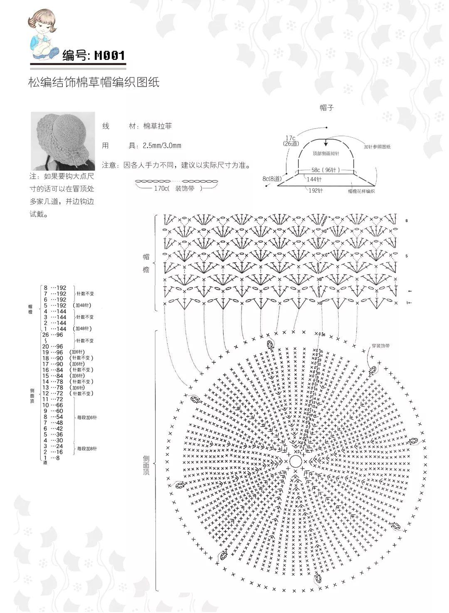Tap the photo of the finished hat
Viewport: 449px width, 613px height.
tap(63, 141)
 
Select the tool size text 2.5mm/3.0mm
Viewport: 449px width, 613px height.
tap(162, 146)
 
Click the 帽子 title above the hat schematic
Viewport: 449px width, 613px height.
tap(326, 108)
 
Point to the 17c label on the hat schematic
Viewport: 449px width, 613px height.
tap(290, 138)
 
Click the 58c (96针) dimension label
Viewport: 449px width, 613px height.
tap(326, 170)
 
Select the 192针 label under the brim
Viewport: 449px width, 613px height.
tap(315, 191)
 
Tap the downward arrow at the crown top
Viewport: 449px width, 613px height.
tap(326, 142)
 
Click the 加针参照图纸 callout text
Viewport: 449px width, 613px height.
tap(377, 146)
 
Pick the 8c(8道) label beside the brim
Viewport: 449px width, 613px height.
tap(272, 179)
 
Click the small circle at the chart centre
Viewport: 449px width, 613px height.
tap(295, 461)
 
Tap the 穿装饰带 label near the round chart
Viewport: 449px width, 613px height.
tap(381, 346)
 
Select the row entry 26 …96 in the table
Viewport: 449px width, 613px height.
tap(52, 335)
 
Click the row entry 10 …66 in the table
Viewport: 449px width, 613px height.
tap(52, 405)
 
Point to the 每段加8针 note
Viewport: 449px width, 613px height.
tap(87, 449)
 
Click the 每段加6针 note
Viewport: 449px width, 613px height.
tap(87, 417)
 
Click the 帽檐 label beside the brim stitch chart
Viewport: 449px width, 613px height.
tap(146, 263)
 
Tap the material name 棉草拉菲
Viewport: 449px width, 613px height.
tap(157, 126)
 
